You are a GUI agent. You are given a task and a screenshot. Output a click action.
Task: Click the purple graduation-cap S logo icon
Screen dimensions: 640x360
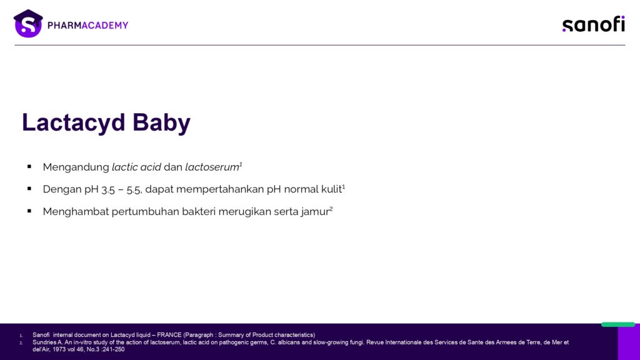(28, 24)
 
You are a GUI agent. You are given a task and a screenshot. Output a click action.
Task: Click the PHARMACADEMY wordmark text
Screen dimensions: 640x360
(87, 25)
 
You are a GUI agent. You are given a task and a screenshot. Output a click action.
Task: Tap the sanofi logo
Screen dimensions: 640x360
(594, 24)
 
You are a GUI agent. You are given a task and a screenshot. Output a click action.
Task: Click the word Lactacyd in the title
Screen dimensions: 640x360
(74, 122)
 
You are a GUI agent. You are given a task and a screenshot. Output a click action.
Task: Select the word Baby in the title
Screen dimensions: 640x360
(162, 122)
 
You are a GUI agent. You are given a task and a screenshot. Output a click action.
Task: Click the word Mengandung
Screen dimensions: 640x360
(76, 167)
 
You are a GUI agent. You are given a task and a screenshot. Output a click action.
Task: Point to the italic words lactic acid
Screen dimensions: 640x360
(136, 167)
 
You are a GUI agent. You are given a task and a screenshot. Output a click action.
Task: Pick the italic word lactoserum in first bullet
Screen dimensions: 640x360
(212, 167)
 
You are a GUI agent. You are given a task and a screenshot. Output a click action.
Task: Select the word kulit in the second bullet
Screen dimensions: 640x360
(331, 189)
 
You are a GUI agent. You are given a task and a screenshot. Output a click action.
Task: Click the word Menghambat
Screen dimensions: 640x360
(76, 211)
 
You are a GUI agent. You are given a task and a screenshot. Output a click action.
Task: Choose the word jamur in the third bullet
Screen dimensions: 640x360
(315, 212)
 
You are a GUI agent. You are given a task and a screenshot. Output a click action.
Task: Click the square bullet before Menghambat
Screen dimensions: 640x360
(29, 211)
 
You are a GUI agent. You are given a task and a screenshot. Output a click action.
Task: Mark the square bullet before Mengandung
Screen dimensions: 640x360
(29, 166)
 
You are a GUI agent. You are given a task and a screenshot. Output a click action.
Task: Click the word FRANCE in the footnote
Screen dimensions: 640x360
(169, 335)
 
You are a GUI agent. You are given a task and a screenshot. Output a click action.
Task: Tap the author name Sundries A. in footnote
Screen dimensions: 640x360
(47, 342)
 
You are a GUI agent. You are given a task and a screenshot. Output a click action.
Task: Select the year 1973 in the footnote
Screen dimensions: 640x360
(60, 349)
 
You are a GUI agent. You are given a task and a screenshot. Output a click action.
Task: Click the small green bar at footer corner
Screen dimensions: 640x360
(618, 324)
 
